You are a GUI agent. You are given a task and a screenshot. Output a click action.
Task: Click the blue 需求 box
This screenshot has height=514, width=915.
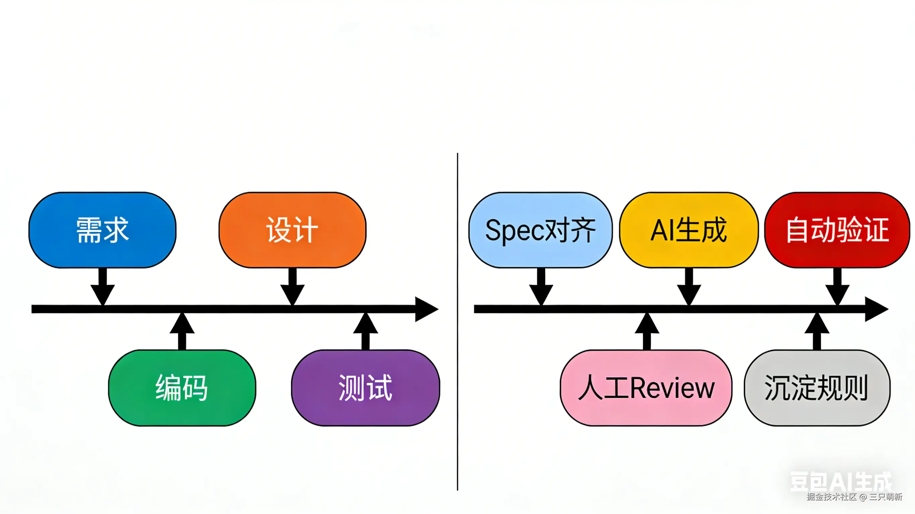[x=102, y=230]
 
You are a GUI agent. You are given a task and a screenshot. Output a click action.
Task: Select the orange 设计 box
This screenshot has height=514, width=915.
[x=292, y=230]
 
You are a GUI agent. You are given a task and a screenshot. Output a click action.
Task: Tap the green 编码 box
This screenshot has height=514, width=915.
[x=182, y=388]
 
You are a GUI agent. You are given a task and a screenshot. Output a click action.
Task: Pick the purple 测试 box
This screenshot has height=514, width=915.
[x=366, y=388]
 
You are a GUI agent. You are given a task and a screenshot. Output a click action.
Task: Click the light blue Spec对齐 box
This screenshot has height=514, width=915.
[x=540, y=230]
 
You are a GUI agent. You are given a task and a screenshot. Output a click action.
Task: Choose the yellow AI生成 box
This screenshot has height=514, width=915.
[x=689, y=230]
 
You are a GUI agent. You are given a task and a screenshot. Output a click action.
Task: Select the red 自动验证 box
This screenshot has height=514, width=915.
[x=837, y=230]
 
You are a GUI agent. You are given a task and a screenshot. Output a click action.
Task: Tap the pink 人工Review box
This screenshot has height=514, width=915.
[x=646, y=388]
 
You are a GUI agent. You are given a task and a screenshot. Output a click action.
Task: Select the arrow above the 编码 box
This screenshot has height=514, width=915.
[x=182, y=331]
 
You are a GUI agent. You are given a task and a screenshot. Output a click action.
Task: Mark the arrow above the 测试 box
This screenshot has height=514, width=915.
[x=366, y=331]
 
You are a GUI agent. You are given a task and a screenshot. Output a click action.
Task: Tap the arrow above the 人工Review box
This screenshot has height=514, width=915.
[x=647, y=331]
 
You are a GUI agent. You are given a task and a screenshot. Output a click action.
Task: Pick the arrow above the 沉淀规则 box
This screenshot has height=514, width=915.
[x=817, y=331]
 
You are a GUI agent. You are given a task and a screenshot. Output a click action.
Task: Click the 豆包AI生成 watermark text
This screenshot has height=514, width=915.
[x=840, y=482]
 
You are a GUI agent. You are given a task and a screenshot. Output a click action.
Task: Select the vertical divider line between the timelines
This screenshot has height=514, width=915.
[x=457, y=319]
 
